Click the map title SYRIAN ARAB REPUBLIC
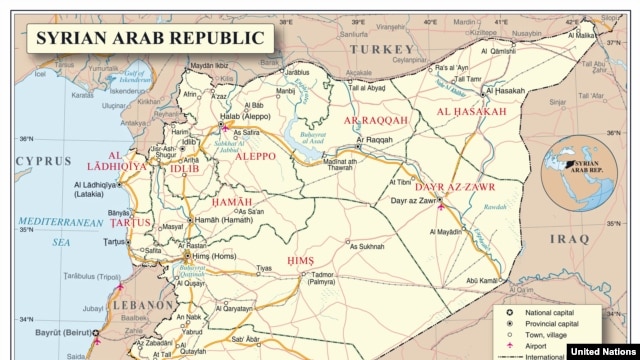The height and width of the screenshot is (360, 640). [x=150, y=39]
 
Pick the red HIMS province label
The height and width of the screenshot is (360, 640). [x=300, y=260]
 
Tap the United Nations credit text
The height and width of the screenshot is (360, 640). [x=603, y=351]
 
